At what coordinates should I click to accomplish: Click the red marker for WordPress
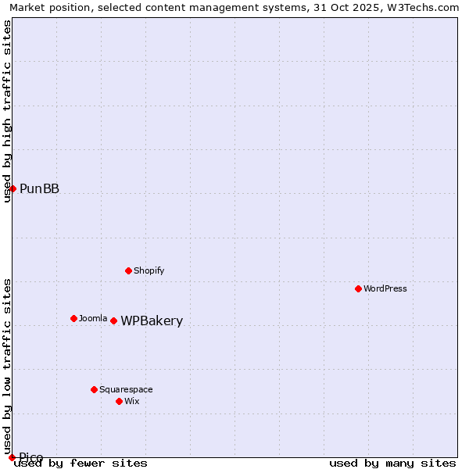pyautogui.click(x=359, y=288)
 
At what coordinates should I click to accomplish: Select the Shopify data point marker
pyautogui.click(x=129, y=270)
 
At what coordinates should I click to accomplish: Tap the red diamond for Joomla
pyautogui.click(x=74, y=318)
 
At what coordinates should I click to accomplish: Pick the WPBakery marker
pyautogui.click(x=113, y=320)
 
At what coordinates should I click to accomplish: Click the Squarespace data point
pyautogui.click(x=94, y=389)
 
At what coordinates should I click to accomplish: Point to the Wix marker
pyautogui.click(x=119, y=401)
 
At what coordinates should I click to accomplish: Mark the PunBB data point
pyautogui.click(x=13, y=188)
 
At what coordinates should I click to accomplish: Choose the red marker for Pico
pyautogui.click(x=12, y=457)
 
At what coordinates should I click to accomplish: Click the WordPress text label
pyautogui.click(x=385, y=288)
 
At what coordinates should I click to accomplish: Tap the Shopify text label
pyautogui.click(x=149, y=270)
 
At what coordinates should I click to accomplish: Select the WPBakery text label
pyautogui.click(x=152, y=321)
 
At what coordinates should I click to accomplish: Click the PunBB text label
pyautogui.click(x=39, y=188)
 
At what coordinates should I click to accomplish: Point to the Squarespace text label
pyautogui.click(x=126, y=389)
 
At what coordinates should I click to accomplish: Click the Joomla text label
pyautogui.click(x=93, y=318)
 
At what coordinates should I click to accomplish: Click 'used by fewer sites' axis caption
pyautogui.click(x=81, y=464)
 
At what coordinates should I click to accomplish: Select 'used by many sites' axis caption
pyautogui.click(x=392, y=464)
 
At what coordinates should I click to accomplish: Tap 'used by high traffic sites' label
pyautogui.click(x=8, y=111)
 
